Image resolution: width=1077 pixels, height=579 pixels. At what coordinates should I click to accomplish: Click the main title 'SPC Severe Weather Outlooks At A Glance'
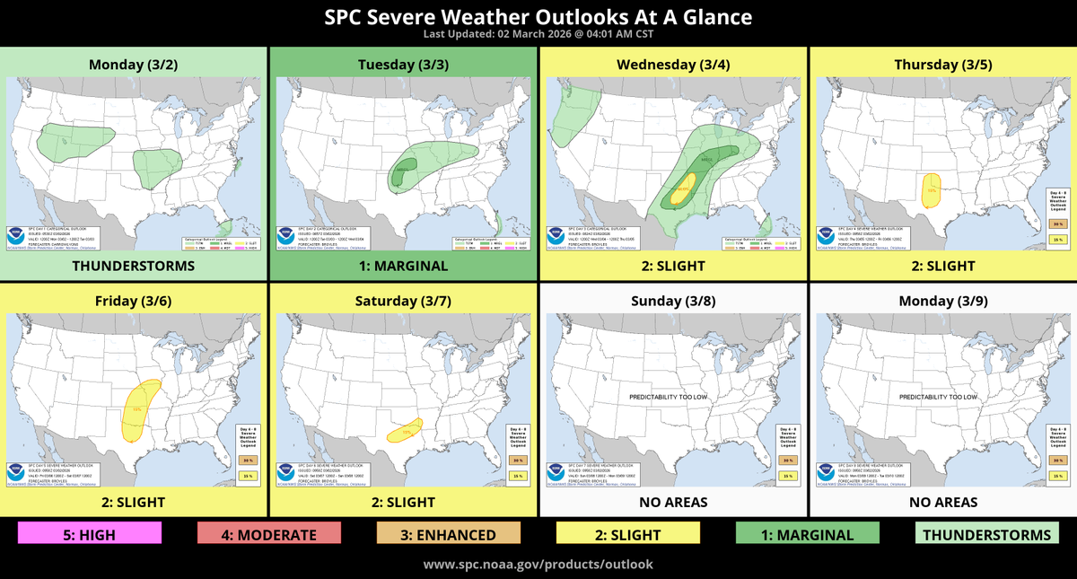click(x=538, y=17)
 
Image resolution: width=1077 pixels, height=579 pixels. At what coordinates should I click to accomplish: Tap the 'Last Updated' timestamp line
click(x=538, y=34)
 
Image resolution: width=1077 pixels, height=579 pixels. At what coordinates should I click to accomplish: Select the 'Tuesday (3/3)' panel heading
click(x=403, y=64)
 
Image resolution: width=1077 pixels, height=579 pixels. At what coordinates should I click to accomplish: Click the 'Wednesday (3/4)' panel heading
click(x=672, y=64)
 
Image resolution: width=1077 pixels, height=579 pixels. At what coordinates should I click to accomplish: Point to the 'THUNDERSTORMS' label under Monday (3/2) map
click(x=134, y=266)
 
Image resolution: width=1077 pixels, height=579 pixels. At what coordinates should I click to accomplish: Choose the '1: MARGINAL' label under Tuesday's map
click(x=403, y=266)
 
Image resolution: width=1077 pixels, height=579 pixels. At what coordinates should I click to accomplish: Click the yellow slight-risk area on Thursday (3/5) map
click(x=933, y=189)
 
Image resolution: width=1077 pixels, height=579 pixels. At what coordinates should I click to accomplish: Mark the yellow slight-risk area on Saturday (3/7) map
click(x=405, y=432)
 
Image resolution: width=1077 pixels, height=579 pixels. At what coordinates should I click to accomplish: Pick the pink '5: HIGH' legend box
click(x=90, y=534)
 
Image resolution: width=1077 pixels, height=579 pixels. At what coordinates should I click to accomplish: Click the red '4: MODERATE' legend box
click(x=269, y=534)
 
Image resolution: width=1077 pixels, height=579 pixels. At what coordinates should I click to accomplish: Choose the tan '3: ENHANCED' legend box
click(x=449, y=534)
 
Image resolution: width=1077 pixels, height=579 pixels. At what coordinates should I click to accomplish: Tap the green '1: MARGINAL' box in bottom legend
click(x=807, y=534)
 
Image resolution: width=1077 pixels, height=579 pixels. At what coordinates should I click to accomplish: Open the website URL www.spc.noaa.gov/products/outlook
click(x=538, y=565)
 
